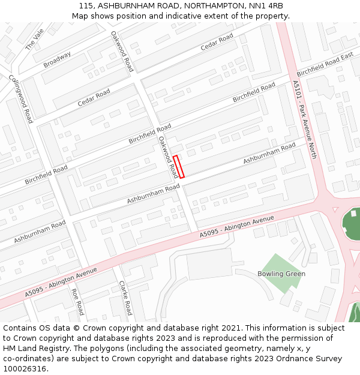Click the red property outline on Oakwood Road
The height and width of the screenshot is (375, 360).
178,166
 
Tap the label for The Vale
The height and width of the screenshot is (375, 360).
34,40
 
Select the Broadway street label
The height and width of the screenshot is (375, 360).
57,59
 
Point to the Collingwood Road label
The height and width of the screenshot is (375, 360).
20,99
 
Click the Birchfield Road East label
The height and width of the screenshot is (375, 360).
325,64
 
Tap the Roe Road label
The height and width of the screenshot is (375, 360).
77,302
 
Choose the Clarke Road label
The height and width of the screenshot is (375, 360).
125,298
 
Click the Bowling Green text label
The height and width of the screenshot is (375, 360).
281,274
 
